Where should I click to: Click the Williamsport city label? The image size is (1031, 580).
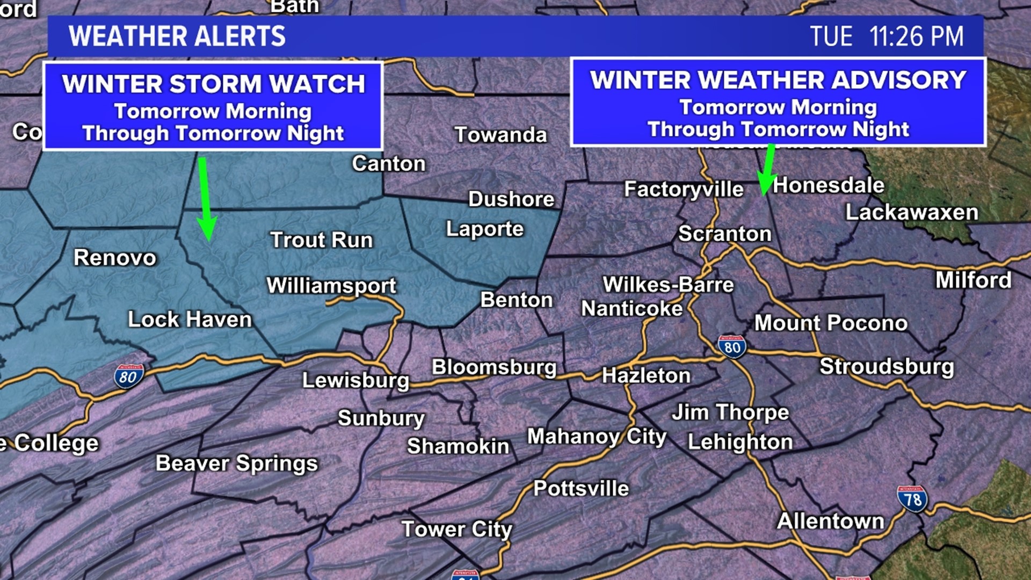pos(331,285)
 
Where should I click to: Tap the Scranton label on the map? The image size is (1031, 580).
pos(724,234)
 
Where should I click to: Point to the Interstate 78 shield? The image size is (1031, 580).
pos(912,498)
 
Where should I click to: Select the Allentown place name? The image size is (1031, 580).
pos(830,521)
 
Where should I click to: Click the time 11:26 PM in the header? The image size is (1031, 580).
pos(916,37)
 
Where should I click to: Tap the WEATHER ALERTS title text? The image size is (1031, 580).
pos(177,37)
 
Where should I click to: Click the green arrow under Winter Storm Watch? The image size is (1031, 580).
pos(205,199)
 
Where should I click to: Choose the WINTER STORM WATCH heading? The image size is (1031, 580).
pos(213,84)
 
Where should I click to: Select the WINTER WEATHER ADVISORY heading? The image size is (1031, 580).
pos(778,80)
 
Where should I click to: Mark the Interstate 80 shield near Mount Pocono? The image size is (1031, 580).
pos(732,346)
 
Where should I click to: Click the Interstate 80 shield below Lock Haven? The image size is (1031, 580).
pos(129,376)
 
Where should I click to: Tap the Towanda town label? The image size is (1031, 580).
pos(500,135)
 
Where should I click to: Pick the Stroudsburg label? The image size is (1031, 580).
pos(887,366)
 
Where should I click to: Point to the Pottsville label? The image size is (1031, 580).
pos(581,488)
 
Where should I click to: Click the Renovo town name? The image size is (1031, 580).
pos(115,258)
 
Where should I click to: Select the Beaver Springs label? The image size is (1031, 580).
pos(237,463)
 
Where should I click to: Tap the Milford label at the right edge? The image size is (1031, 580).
pos(973,280)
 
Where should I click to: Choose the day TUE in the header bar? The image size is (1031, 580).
pos(831,37)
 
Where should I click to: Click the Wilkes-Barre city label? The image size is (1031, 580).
pos(668,285)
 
